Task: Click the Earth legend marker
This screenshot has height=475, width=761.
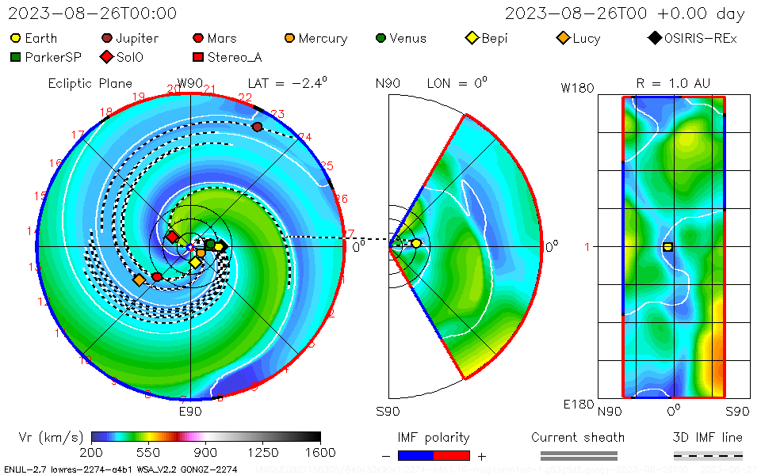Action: pyautogui.click(x=16, y=38)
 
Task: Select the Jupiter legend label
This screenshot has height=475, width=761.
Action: pyautogui.click(x=137, y=38)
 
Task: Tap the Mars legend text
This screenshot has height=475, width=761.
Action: pyautogui.click(x=222, y=38)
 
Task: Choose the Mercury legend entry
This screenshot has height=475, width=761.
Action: pyautogui.click(x=323, y=38)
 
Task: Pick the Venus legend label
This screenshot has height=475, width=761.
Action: pyautogui.click(x=408, y=38)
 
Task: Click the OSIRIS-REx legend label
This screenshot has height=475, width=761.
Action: pyautogui.click(x=700, y=38)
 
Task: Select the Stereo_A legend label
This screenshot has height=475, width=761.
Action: pyautogui.click(x=235, y=57)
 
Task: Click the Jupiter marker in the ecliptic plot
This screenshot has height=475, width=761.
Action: pyautogui.click(x=257, y=127)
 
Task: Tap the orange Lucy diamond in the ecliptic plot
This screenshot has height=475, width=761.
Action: pyautogui.click(x=140, y=280)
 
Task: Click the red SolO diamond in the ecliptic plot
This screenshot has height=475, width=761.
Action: pyautogui.click(x=172, y=237)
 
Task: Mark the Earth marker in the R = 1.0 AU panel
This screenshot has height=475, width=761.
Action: pyautogui.click(x=667, y=247)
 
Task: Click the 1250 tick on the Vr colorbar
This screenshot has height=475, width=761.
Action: pyautogui.click(x=263, y=453)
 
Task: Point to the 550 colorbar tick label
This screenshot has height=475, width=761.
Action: pyautogui.click(x=149, y=453)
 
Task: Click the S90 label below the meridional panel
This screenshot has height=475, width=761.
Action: pyautogui.click(x=388, y=411)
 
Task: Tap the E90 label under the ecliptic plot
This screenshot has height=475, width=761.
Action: pyautogui.click(x=190, y=411)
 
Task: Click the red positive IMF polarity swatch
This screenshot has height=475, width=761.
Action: pyautogui.click(x=452, y=455)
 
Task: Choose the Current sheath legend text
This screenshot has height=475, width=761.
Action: pyautogui.click(x=578, y=437)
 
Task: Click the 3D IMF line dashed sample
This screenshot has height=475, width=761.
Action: pyautogui.click(x=708, y=455)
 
